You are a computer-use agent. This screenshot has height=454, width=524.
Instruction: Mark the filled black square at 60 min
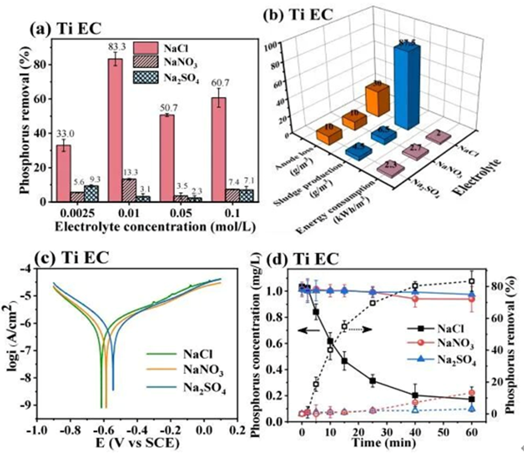[x=471, y=400]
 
